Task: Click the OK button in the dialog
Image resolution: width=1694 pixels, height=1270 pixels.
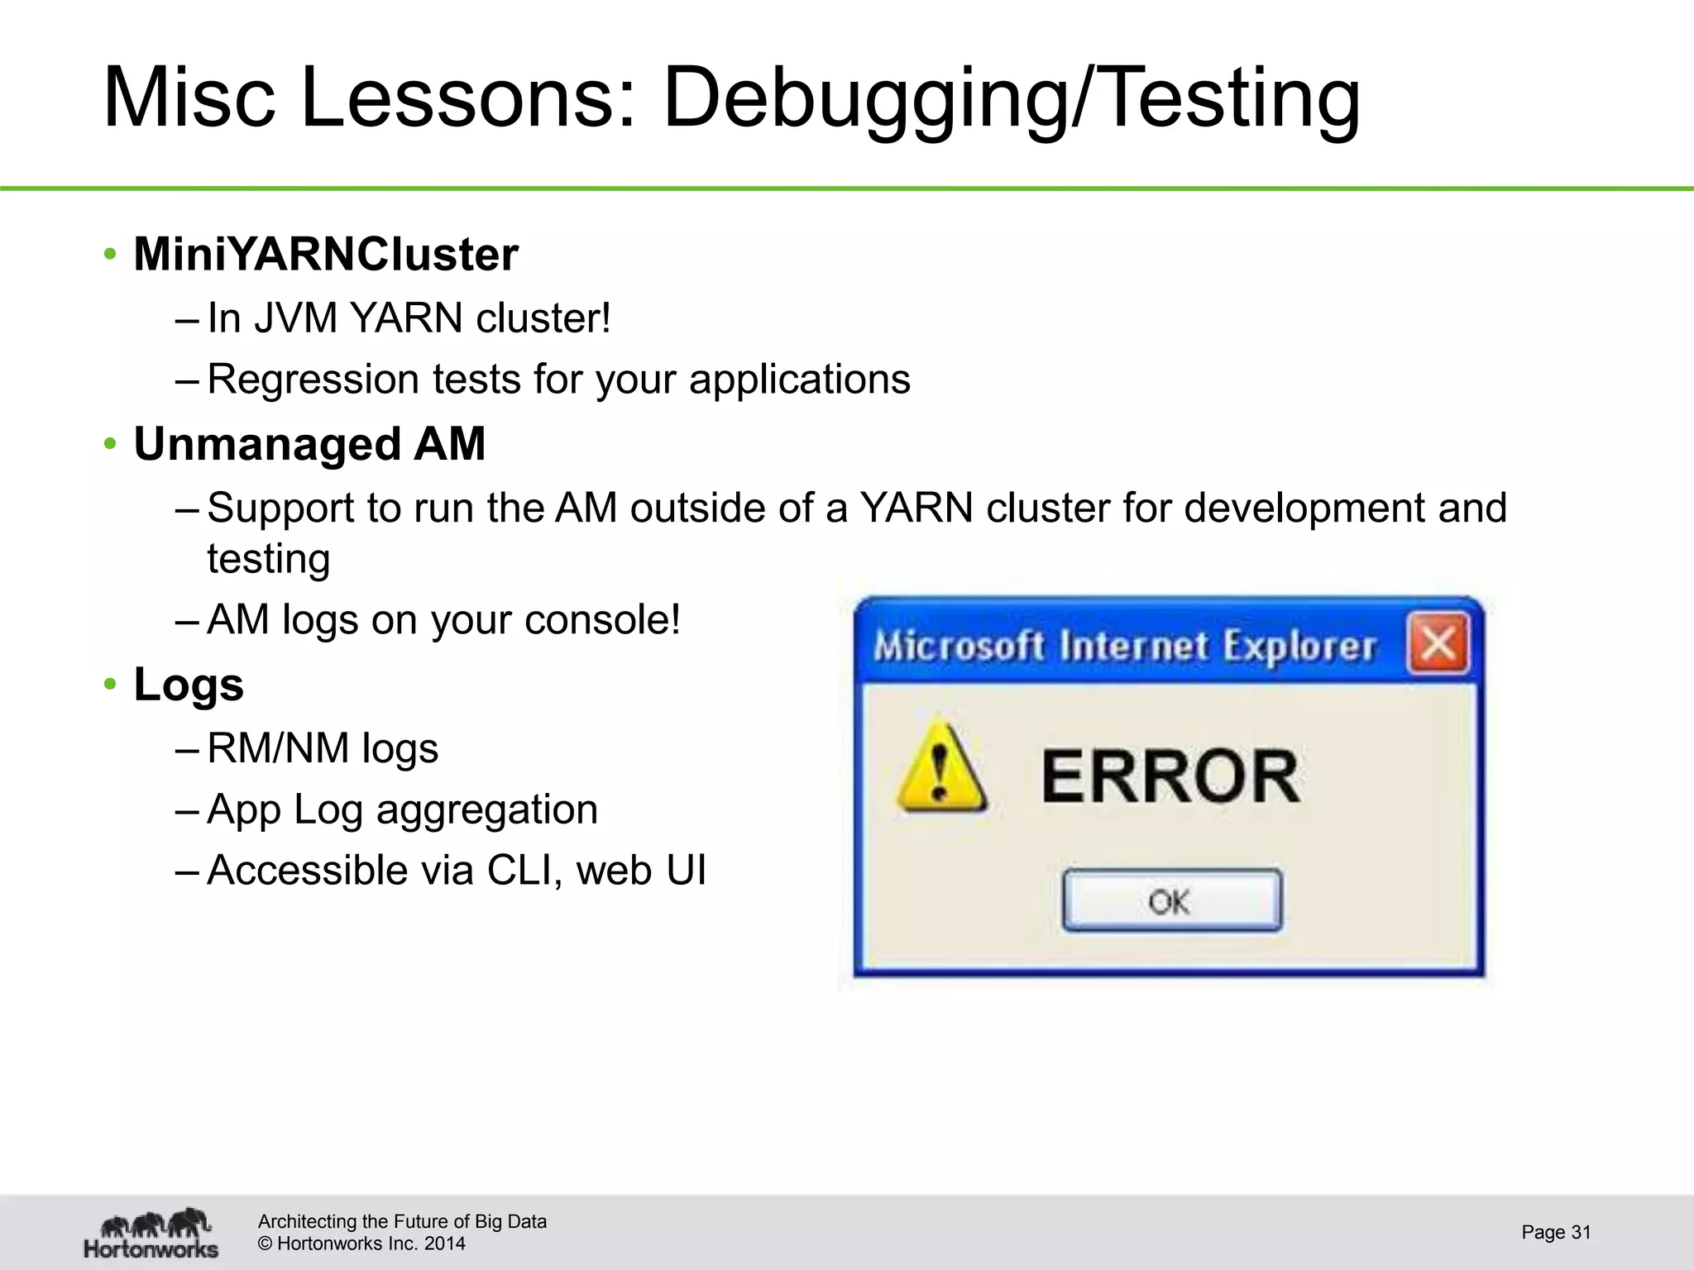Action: (1172, 900)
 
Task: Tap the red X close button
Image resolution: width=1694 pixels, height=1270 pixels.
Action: (1439, 643)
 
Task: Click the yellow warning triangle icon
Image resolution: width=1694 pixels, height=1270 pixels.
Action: (940, 767)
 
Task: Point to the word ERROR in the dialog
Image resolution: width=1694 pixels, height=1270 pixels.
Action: (1170, 776)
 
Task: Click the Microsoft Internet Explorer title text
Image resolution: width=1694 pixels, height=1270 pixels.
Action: (1125, 646)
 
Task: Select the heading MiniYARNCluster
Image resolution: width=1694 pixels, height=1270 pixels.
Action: (326, 254)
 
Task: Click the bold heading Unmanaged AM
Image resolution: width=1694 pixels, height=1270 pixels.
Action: (309, 444)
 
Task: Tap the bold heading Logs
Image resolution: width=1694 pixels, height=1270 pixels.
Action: (189, 685)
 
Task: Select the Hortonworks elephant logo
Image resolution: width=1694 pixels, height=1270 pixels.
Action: (152, 1233)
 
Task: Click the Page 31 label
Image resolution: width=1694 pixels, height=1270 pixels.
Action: (1555, 1232)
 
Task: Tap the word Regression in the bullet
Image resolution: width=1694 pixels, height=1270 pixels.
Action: (313, 380)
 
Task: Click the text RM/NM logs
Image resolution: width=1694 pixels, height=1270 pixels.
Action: (323, 748)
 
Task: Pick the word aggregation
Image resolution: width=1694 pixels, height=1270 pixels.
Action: (486, 810)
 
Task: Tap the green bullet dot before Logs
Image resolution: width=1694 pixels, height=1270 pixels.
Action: (110, 685)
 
